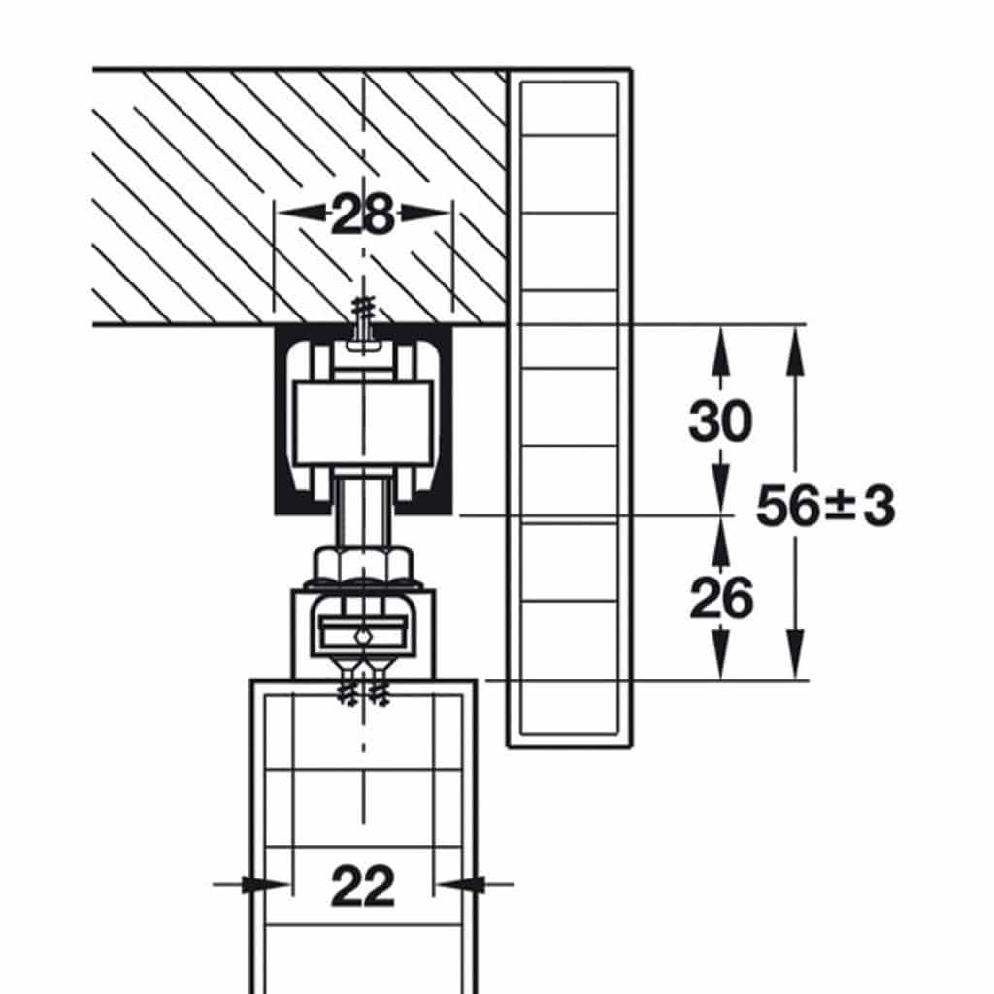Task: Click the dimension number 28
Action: [363, 215]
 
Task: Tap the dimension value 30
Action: [721, 420]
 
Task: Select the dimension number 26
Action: [721, 598]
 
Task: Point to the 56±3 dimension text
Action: [825, 505]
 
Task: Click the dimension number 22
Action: [363, 885]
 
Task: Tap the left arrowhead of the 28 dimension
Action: [298, 213]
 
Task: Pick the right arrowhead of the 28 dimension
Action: [427, 213]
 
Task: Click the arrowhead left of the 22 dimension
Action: [266, 884]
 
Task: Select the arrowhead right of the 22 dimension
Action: [461, 884]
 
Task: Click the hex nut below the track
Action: [363, 564]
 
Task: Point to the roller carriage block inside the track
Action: [364, 422]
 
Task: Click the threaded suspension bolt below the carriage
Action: [363, 511]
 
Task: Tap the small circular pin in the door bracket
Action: [362, 636]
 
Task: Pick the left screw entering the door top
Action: [348, 683]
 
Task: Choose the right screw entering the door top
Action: [379, 683]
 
